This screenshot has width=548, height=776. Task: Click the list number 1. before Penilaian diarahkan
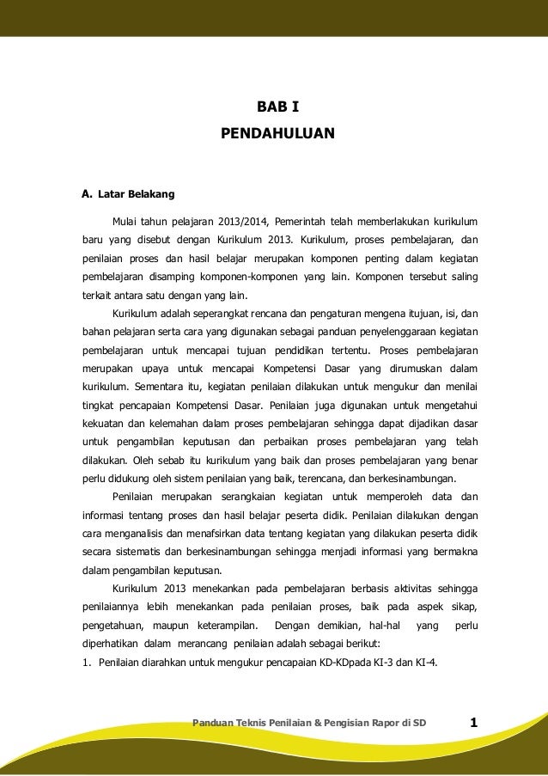pos(86,662)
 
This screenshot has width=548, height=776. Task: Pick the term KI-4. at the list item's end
pos(426,662)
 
